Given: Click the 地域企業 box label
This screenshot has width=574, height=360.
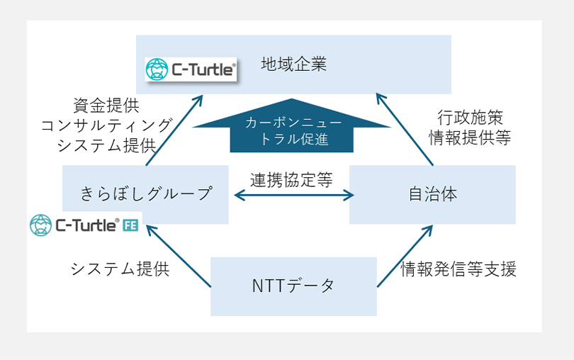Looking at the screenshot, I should (293, 63).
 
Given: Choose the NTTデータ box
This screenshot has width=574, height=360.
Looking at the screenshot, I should (293, 286).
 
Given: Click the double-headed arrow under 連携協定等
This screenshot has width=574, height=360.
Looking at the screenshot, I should (291, 195).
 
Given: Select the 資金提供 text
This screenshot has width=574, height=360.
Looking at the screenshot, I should (106, 106).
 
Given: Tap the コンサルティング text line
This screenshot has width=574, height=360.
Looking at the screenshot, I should (106, 125).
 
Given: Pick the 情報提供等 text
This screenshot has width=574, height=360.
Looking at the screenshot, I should (469, 137).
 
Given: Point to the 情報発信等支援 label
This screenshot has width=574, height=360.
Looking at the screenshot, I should (459, 269).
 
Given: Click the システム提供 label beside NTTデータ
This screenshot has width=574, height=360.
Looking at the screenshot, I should (120, 269).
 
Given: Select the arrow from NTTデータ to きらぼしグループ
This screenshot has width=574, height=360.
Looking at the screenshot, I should (177, 256).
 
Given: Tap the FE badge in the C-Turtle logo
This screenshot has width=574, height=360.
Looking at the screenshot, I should (130, 225).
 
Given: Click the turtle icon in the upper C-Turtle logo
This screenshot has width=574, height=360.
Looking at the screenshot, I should (156, 69).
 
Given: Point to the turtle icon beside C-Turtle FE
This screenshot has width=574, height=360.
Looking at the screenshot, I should (41, 225).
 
